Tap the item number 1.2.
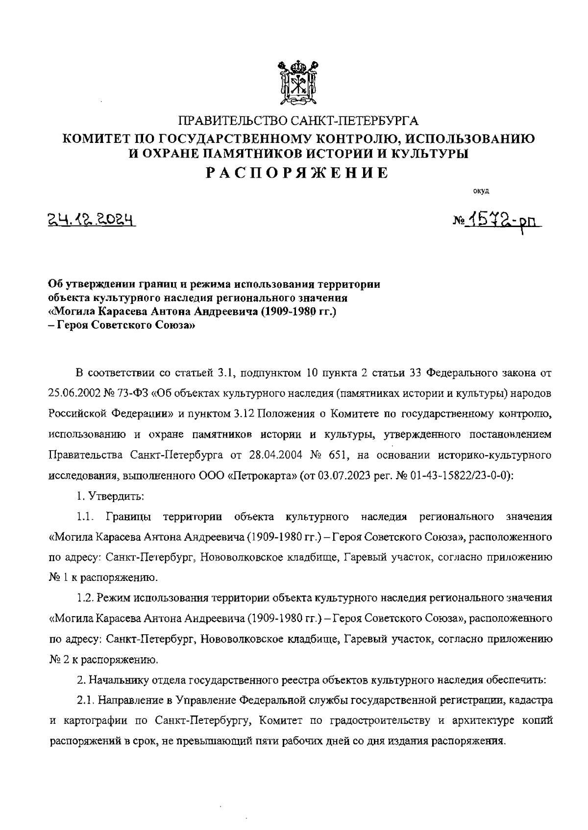click(x=85, y=598)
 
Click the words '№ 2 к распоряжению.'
click(x=103, y=660)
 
